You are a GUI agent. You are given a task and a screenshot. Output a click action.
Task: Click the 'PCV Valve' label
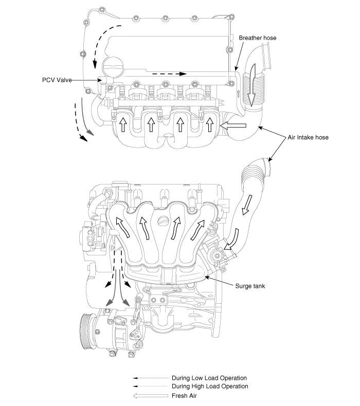57,80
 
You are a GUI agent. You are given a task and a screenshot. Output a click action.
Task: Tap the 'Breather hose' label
257,38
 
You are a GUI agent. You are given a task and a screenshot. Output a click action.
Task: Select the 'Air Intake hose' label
308,137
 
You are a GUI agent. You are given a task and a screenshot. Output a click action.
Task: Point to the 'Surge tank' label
250,286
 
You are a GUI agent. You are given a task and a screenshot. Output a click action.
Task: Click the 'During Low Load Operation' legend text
209,378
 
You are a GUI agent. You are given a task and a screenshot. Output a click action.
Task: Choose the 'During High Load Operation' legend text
210,386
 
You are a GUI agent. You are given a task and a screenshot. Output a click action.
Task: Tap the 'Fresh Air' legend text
184,396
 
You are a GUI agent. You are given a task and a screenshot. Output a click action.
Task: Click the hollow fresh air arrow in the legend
151,396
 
